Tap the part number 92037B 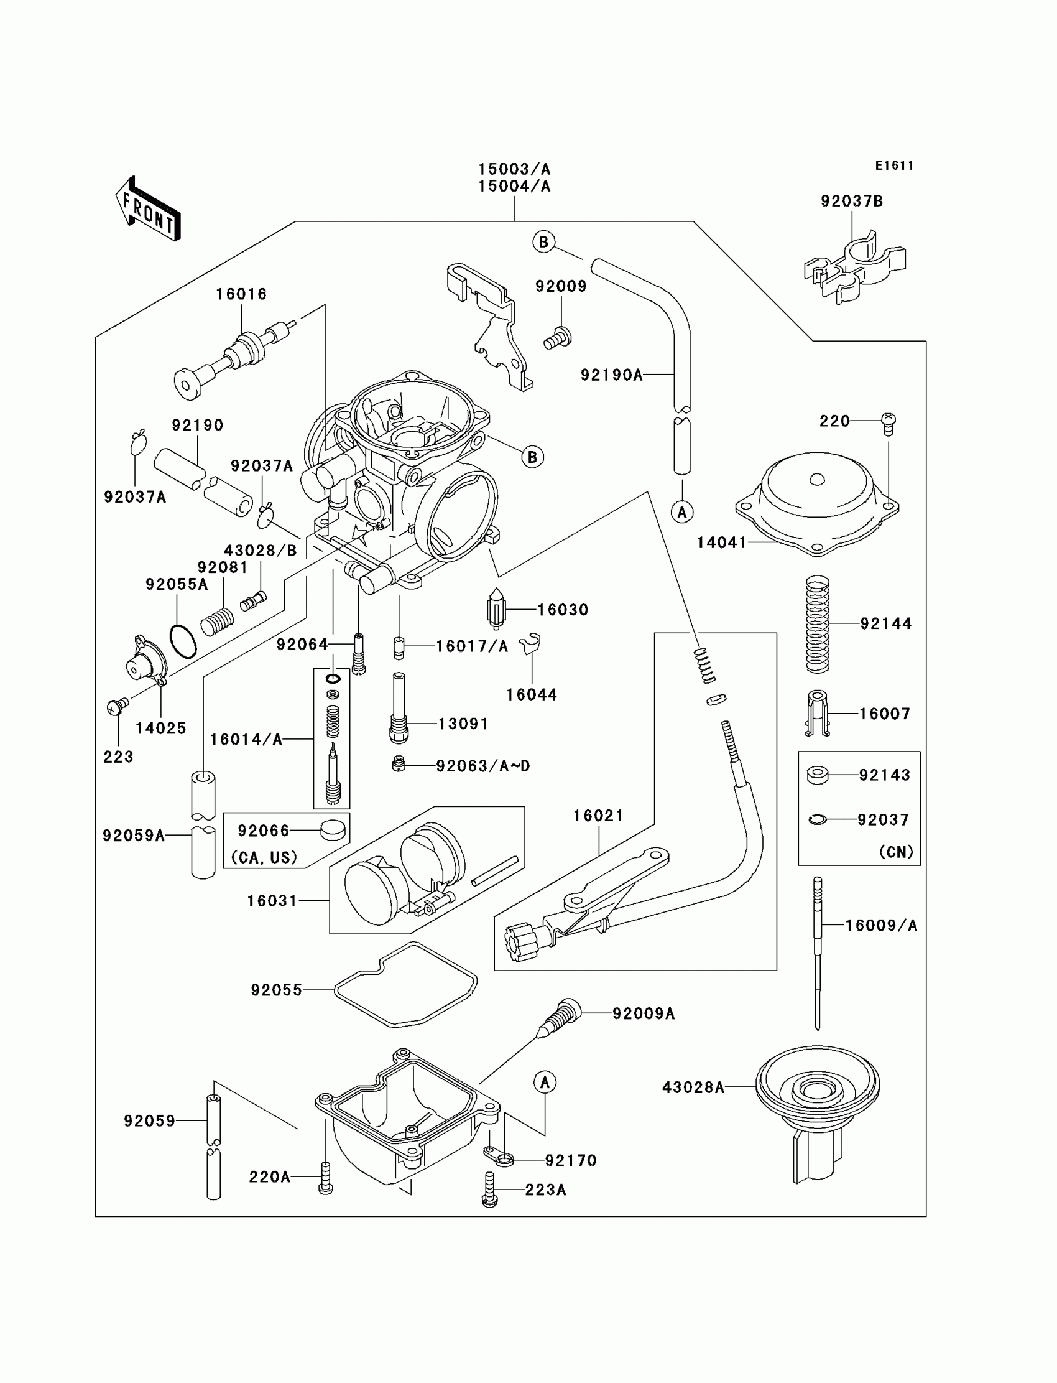click(x=851, y=201)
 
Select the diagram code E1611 click(x=894, y=165)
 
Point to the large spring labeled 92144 click(x=817, y=625)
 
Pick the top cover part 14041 click(x=816, y=503)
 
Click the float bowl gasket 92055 click(x=406, y=985)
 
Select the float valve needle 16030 click(x=496, y=608)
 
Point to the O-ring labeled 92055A click(x=183, y=641)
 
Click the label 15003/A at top click(x=514, y=169)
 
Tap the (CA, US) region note click(x=264, y=857)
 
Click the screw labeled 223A click(x=489, y=1189)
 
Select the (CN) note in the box click(x=896, y=852)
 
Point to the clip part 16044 click(x=530, y=643)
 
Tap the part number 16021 click(x=598, y=815)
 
